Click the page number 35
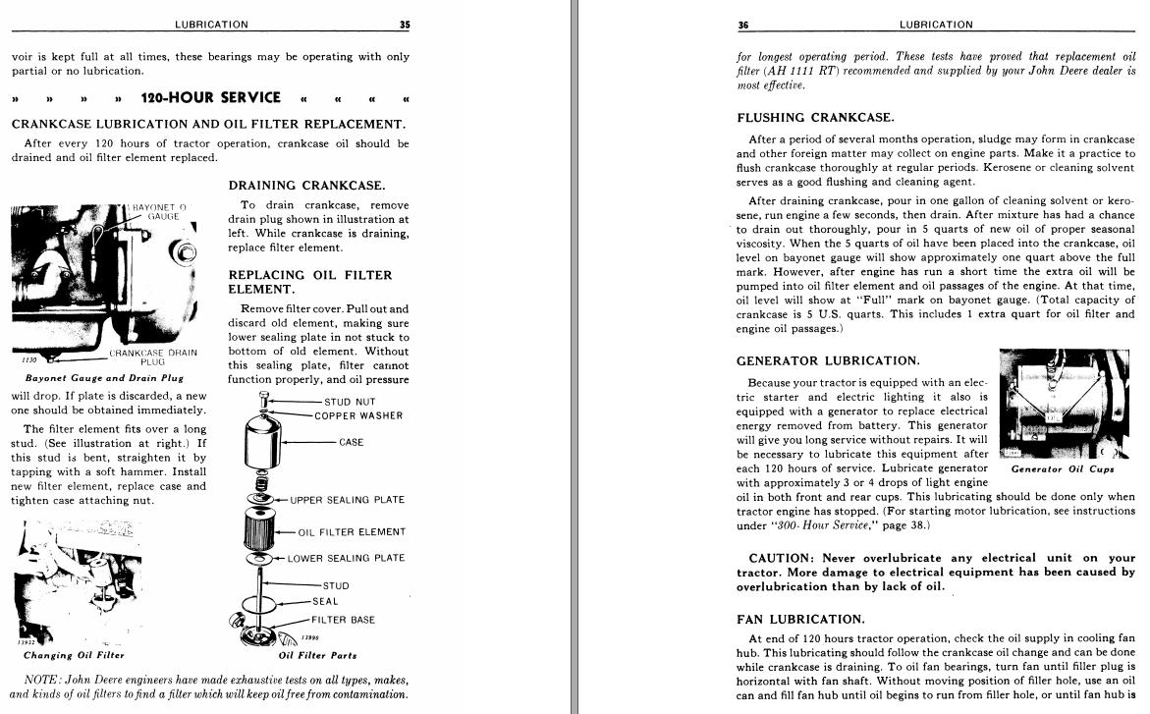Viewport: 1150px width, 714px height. [x=405, y=25]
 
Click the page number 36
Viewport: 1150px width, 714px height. [x=743, y=25]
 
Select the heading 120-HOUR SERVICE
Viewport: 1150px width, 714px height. [x=210, y=97]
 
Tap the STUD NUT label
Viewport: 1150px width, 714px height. [x=350, y=402]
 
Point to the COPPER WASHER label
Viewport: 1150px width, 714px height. [x=358, y=415]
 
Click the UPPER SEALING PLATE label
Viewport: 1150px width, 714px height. [x=347, y=500]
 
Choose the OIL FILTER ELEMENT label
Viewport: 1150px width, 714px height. [x=352, y=532]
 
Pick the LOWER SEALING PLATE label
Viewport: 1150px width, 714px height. [x=346, y=559]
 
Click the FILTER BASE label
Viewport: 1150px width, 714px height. [x=343, y=620]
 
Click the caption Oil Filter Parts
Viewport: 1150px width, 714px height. [x=317, y=655]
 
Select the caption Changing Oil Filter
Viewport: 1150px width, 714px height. [x=75, y=655]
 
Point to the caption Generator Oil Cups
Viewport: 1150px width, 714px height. [x=1063, y=469]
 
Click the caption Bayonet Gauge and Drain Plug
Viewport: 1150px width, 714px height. [x=104, y=377]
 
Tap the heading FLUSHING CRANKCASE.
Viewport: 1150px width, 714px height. [x=815, y=118]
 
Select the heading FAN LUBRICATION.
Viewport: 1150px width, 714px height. [x=800, y=620]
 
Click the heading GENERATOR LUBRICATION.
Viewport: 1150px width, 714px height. [x=828, y=361]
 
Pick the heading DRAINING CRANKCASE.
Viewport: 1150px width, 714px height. [x=306, y=186]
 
